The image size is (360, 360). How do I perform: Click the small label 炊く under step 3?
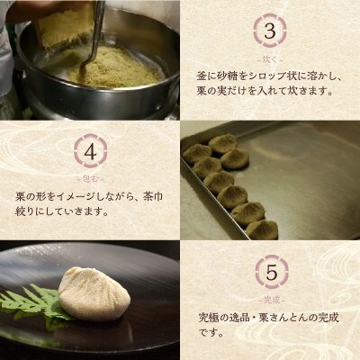pos(269,57)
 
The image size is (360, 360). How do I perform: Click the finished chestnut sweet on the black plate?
pos(94,292)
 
